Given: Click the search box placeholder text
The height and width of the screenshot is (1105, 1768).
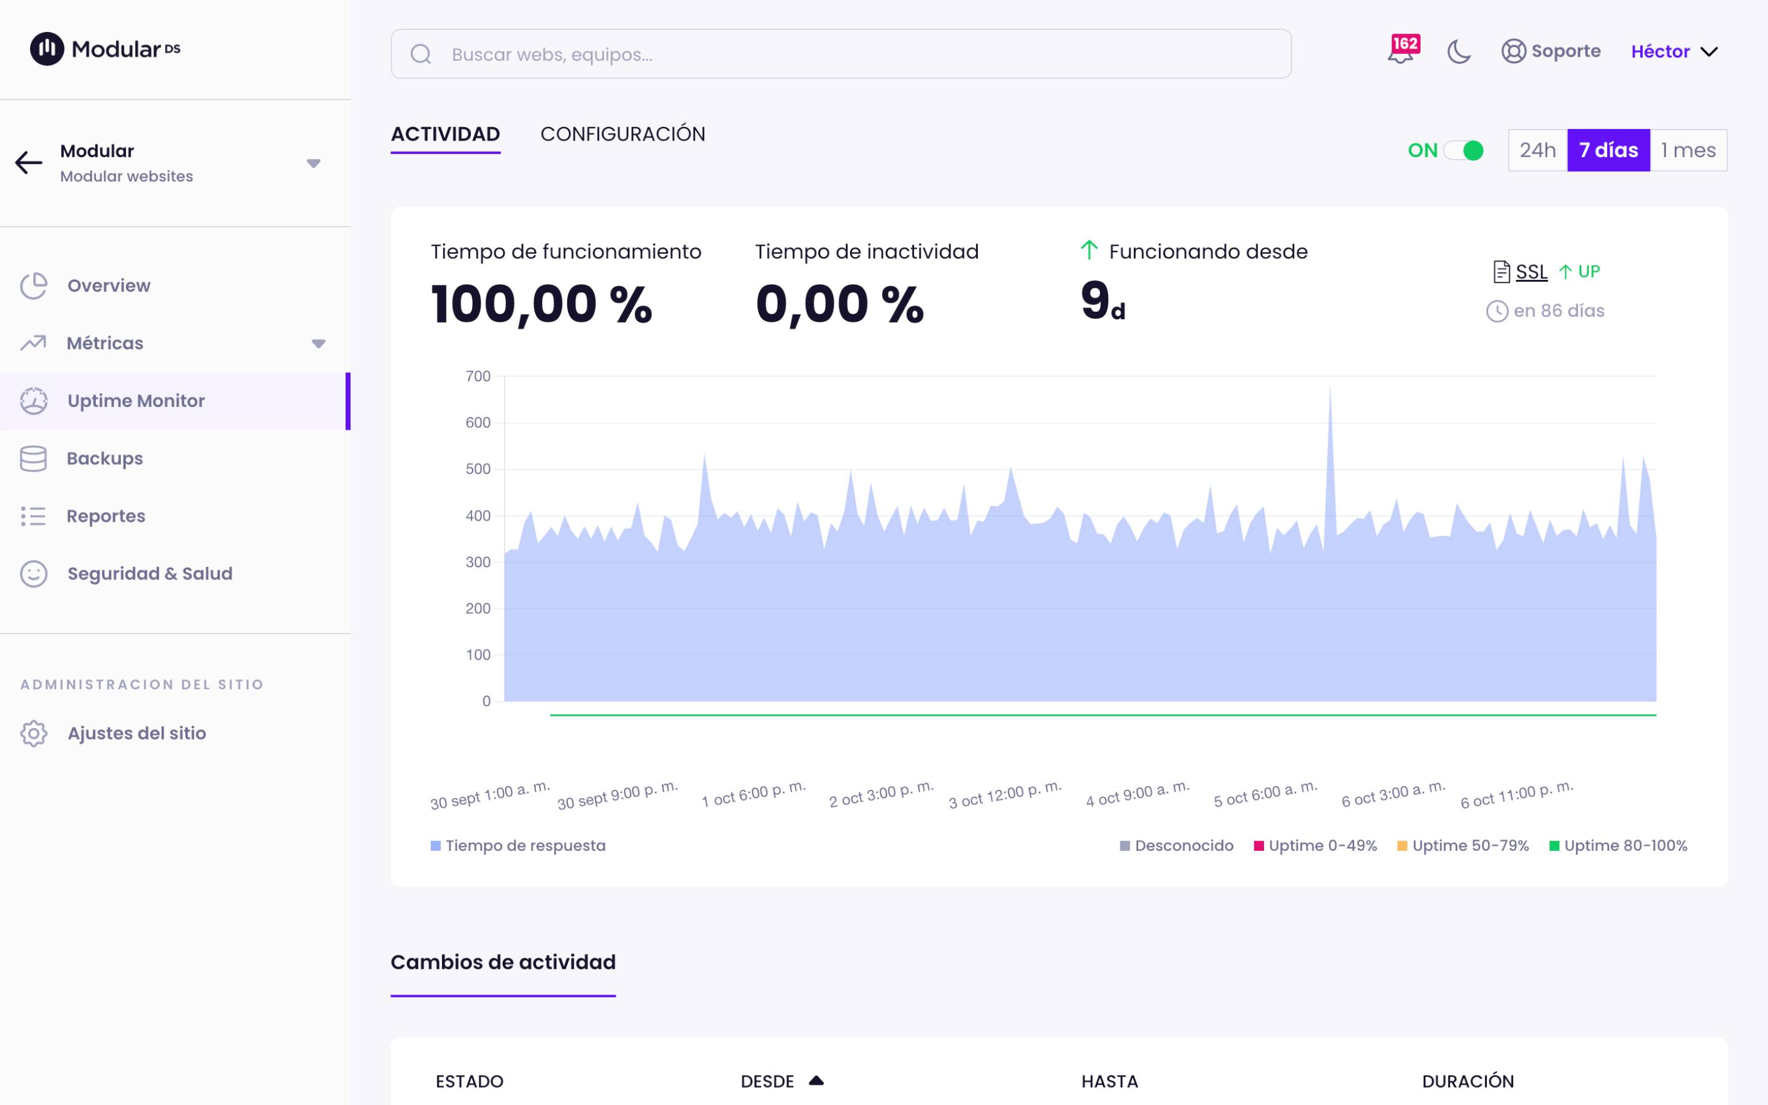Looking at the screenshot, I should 552,54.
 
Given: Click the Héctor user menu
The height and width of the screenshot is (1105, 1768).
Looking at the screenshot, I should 1673,51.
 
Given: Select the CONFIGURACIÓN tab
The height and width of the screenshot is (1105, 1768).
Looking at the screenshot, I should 622,134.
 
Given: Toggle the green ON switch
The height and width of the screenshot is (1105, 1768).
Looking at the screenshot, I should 1464,150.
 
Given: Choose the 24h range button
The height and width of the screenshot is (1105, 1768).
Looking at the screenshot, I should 1537,150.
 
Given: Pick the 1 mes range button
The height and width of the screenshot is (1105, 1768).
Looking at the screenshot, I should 1688,150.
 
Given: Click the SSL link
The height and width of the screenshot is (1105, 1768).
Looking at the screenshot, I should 1530,272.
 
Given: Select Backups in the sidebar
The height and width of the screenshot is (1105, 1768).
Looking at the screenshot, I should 104,458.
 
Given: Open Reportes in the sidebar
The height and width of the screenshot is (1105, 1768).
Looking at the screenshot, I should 106,516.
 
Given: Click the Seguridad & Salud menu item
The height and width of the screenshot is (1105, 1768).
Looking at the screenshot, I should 150,574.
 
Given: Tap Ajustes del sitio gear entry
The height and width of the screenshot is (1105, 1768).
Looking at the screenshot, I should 137,733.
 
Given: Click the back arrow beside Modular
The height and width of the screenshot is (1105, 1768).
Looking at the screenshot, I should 28,162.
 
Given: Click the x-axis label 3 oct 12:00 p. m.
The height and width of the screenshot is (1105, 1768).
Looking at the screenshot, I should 1004,795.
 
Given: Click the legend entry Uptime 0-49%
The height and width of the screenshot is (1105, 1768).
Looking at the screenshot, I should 1321,845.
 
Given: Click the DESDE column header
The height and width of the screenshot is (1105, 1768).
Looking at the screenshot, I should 767,1081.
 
